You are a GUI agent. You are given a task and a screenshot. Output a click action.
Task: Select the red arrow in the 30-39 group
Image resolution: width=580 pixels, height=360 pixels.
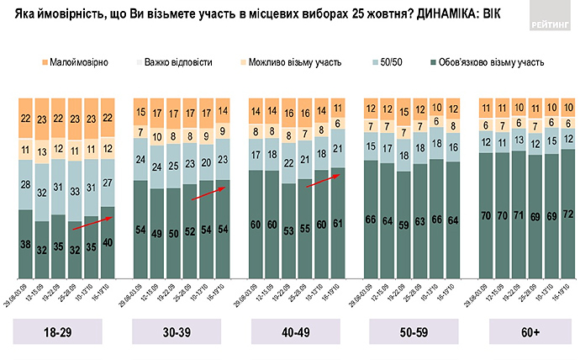[x=208, y=191]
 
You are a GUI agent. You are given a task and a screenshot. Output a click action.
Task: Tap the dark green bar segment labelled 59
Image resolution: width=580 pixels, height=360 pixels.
[x=404, y=225]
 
